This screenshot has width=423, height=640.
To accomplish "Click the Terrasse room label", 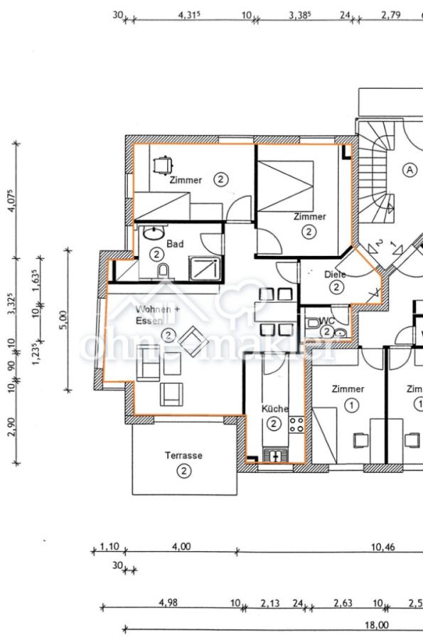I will click(183, 455).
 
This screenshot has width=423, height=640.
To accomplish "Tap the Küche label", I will click(274, 409).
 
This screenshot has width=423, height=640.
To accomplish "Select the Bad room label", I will click(175, 244).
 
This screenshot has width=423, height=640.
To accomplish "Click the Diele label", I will click(334, 274).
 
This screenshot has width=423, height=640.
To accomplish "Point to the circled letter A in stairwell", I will click(409, 169).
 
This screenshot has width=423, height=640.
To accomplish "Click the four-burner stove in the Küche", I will click(296, 426).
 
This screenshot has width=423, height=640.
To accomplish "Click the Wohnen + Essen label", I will click(157, 315).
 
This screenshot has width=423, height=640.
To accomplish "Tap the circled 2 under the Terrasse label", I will click(183, 471).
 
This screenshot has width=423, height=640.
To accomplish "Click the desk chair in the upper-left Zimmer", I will click(163, 164).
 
